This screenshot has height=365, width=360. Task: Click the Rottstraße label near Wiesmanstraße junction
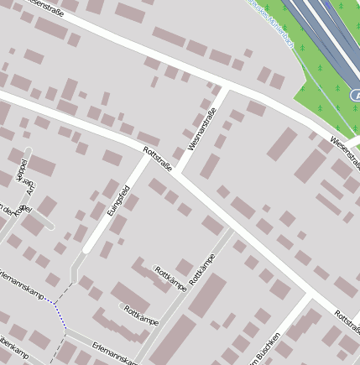tap(158, 159)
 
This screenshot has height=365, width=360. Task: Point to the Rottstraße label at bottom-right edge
tap(346, 320)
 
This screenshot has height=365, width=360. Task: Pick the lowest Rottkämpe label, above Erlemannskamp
tap(141, 315)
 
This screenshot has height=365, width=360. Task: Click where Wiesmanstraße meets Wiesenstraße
tap(226, 86)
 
